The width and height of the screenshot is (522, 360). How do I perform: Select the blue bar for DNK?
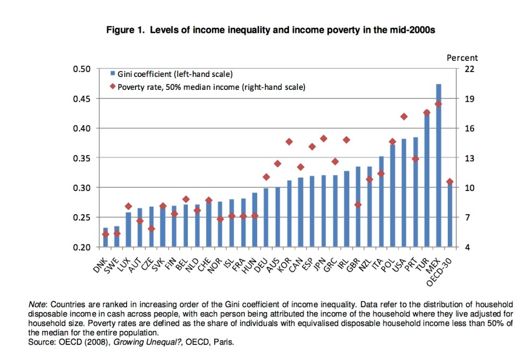[x=105, y=237]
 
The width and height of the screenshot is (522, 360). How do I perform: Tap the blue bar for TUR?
[x=427, y=180]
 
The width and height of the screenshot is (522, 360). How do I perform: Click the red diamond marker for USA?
[x=404, y=117]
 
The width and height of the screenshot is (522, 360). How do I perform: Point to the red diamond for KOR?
[x=289, y=142]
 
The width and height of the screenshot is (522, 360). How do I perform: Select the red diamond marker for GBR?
[x=358, y=204]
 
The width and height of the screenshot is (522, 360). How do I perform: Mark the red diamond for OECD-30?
[x=450, y=182]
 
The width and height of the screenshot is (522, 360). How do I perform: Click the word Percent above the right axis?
[x=462, y=58]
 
